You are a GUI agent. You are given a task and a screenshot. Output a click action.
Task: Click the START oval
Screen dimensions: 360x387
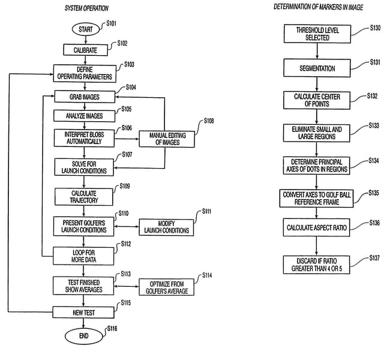tap(84, 29)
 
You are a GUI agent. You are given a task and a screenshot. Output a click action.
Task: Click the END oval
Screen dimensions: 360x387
tap(84, 336)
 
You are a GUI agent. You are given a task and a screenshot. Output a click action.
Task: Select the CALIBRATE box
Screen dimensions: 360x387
tap(85, 50)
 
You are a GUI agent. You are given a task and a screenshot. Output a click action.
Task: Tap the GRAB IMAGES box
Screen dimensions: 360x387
tap(85, 96)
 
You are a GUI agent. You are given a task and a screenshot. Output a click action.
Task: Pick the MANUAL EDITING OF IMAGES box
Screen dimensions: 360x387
tap(163, 139)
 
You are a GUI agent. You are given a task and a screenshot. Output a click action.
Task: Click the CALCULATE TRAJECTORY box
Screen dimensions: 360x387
tap(85, 196)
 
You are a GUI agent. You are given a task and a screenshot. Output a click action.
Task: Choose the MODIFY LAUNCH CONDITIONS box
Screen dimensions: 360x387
tap(167, 227)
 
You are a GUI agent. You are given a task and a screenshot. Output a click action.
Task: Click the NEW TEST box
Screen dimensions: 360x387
tap(84, 312)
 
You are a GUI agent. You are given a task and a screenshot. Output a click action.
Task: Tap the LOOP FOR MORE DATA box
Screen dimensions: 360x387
tap(84, 256)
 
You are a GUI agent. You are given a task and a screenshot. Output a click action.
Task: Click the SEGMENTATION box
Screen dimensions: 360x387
tap(317, 68)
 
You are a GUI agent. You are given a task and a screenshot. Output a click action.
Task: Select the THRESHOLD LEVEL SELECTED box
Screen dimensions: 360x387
tap(317, 34)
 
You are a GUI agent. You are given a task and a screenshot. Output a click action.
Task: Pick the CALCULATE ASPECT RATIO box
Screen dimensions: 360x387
tap(317, 229)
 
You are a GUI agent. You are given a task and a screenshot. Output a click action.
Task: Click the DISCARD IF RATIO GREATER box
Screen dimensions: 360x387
tap(317, 263)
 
